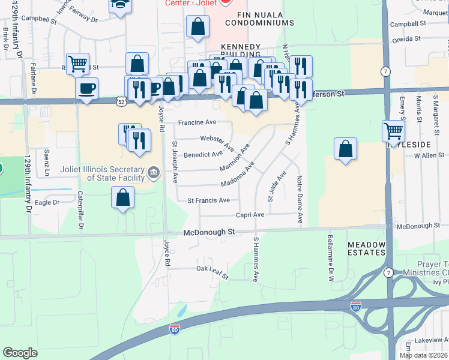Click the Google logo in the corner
[x=20, y=353]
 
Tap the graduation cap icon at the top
[x=119, y=5]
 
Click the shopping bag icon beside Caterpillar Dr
[x=122, y=197]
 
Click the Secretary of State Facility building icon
[x=154, y=174]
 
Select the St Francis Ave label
[x=208, y=200]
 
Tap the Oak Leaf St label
[x=213, y=272]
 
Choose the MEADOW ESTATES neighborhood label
[x=367, y=248]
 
